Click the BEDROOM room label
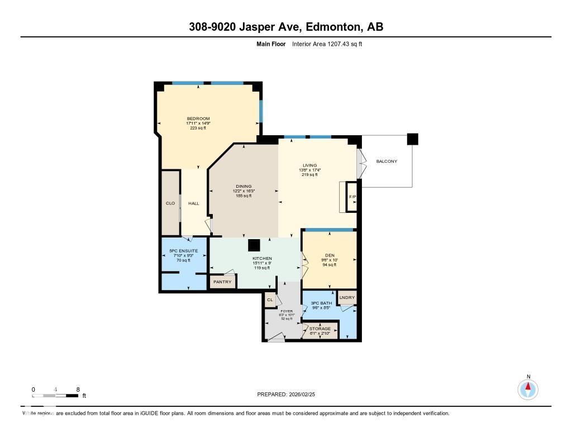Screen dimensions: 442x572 (198, 118)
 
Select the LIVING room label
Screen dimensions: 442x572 (309, 165)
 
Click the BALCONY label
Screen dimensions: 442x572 (387, 161)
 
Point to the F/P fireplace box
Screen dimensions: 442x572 (352, 197)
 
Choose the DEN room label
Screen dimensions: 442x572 (329, 255)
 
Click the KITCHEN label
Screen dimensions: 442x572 (261, 258)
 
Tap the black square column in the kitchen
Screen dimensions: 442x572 (254, 245)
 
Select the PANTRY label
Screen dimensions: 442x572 (222, 282)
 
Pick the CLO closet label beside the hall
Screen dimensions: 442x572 (170, 203)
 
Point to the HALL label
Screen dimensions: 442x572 (193, 203)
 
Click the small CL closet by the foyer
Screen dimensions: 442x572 (270, 300)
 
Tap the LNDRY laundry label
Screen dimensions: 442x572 (347, 298)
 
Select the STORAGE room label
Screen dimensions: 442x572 (320, 329)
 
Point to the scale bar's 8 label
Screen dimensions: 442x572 (78, 389)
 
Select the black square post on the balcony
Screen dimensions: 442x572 (412, 139)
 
